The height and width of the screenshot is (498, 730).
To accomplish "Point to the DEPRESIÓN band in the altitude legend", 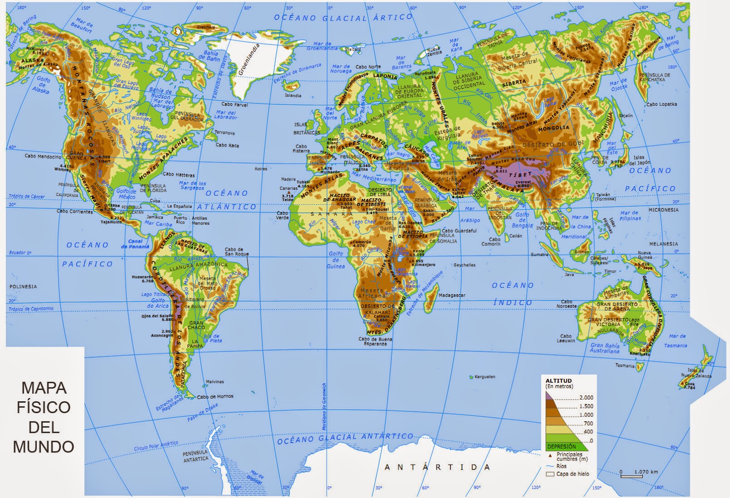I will [562, 446].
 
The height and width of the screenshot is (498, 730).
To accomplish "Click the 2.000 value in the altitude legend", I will [586, 398].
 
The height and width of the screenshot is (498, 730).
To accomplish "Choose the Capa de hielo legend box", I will [549, 474].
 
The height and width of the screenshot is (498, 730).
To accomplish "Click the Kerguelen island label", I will [485, 377].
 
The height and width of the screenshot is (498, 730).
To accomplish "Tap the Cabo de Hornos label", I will [215, 396].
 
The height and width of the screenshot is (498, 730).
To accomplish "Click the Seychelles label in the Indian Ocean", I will [464, 265].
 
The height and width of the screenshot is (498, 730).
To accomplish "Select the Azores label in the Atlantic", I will [261, 169].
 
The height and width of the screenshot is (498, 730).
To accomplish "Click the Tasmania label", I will [625, 366].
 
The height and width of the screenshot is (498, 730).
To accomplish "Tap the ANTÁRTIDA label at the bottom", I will [437, 467].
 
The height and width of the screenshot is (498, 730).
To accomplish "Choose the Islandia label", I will [293, 96].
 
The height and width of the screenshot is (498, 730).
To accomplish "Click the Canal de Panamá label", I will [135, 244].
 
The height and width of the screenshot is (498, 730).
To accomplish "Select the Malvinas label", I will [215, 381].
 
